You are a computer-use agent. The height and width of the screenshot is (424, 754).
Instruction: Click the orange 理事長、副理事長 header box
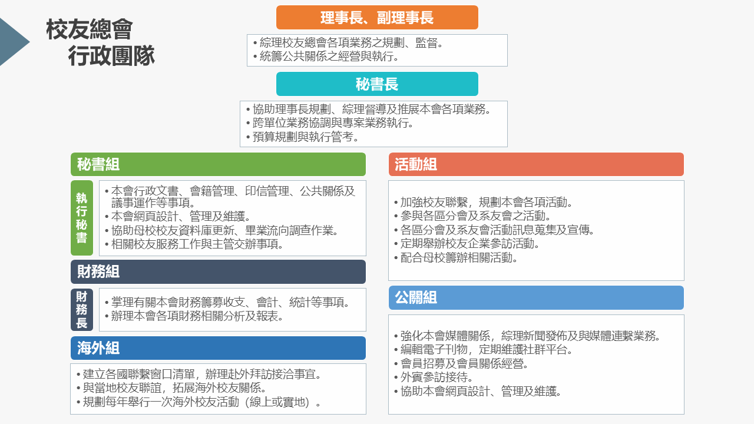[x=377, y=18]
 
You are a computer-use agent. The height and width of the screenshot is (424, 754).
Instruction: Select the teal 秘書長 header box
[x=377, y=84]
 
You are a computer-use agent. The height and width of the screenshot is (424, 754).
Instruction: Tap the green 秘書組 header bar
[x=218, y=164]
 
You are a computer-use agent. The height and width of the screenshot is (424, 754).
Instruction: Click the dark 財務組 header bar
[x=218, y=271]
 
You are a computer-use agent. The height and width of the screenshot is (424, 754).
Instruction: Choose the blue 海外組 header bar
[x=218, y=348]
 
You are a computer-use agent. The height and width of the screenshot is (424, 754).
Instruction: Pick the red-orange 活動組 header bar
[x=536, y=164]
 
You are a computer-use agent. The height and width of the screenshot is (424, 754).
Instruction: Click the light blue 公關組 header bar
[x=536, y=298]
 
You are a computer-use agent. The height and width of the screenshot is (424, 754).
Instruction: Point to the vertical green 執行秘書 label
[x=82, y=218]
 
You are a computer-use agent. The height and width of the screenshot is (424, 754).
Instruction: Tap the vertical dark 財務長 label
[x=82, y=310]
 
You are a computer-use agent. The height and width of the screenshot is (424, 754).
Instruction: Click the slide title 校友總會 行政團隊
[x=100, y=42]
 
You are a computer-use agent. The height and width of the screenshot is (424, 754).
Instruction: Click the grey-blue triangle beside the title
[x=14, y=42]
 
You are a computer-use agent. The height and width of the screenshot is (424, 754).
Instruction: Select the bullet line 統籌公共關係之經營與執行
[x=326, y=57]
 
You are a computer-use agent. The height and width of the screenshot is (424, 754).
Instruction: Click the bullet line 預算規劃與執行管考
[x=302, y=137]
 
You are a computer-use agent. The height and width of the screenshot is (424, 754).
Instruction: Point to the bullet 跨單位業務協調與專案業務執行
[x=330, y=123]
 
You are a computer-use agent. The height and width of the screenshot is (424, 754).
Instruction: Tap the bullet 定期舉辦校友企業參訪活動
[x=467, y=244]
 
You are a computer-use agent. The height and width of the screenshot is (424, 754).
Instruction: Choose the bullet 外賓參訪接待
[x=434, y=377]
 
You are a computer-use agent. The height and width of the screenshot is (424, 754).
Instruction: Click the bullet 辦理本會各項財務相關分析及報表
[x=194, y=316]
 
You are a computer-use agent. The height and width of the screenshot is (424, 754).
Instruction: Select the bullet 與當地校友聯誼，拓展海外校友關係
[x=171, y=388]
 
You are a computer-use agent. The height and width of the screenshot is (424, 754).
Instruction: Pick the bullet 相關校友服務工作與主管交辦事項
[x=194, y=244]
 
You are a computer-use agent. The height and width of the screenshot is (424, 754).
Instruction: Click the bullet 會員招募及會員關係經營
[x=461, y=364]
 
